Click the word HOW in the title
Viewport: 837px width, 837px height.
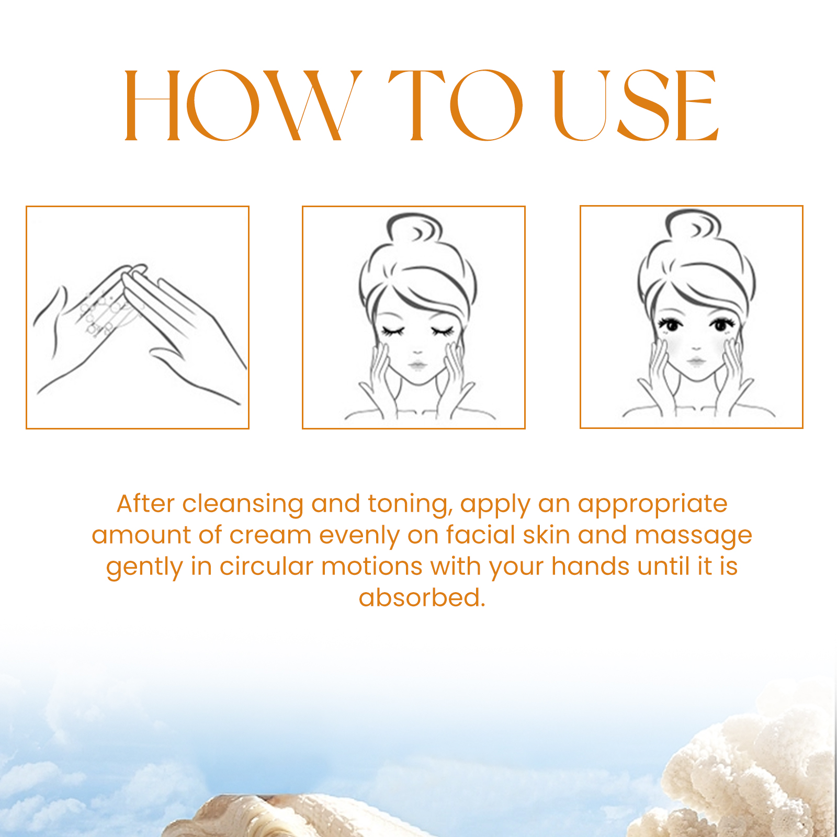(243, 105)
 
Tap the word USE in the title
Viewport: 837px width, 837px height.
(636, 105)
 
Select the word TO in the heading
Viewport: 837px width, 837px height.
(455, 105)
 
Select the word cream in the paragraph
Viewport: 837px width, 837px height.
(270, 535)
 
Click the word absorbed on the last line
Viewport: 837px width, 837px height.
(422, 597)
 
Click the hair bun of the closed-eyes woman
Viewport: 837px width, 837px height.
(414, 228)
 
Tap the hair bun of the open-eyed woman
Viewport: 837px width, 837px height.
(693, 224)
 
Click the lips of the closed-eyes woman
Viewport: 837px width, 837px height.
(417, 365)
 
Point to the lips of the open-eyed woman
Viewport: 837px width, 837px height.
(696, 361)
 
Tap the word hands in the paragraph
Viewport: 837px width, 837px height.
(590, 566)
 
